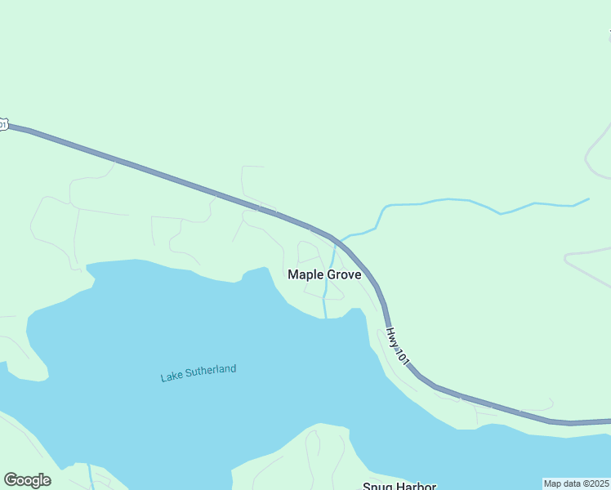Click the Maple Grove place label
[324, 275]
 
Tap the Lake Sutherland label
[198, 373]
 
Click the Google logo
[27, 480]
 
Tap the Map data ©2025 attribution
[577, 483]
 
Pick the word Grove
[344, 275]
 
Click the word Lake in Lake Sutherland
[172, 376]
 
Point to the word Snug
[377, 486]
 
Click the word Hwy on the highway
[392, 335]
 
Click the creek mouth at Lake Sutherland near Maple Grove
[326, 317]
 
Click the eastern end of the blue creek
[588, 198]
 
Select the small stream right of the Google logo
[90, 478]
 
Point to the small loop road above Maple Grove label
[309, 250]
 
